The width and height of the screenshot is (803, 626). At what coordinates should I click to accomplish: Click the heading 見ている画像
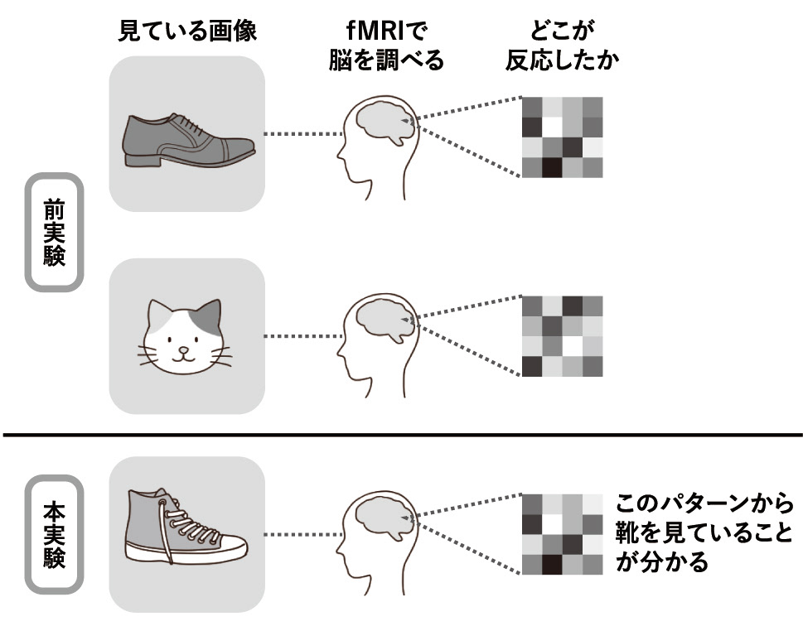(x=187, y=31)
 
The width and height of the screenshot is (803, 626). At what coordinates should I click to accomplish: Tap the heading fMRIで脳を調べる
(x=386, y=46)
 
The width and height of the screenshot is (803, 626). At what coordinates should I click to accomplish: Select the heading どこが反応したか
(x=563, y=46)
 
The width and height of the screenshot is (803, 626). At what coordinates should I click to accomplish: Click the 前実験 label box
(x=55, y=232)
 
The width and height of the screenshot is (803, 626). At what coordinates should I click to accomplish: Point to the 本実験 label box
(x=55, y=534)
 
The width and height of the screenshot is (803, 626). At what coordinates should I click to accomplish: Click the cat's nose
(x=183, y=350)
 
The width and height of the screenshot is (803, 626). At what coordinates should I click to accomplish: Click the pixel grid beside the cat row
(x=563, y=336)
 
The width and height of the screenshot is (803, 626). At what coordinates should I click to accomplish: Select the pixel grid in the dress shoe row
(x=563, y=137)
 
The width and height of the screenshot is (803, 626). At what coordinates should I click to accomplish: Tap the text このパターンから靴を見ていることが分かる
(x=704, y=532)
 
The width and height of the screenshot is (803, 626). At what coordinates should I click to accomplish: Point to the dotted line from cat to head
(x=303, y=336)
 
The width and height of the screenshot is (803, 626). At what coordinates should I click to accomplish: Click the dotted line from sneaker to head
(x=303, y=534)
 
